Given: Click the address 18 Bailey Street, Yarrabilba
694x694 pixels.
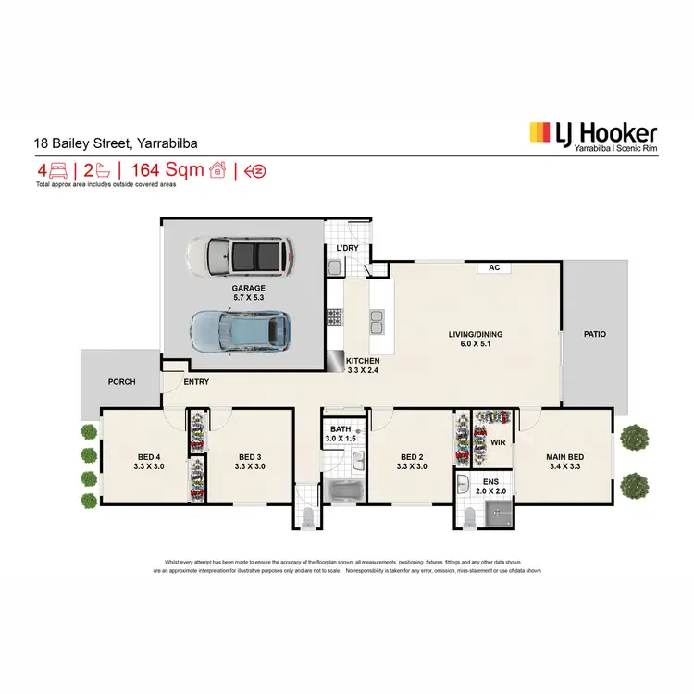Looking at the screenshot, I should coord(116,143).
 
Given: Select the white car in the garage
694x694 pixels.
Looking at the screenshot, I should coord(240,256).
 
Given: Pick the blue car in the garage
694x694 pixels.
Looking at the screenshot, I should coord(240,331).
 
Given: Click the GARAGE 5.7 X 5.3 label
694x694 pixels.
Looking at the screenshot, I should coord(248,293).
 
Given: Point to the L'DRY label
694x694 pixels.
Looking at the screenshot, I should coord(347,249).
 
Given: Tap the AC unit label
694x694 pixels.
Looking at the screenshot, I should coord(495,268).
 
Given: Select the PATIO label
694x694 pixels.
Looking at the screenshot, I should coord(595,334).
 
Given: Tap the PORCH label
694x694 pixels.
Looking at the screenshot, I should coord(121,381).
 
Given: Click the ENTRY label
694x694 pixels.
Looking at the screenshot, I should coord(196,381).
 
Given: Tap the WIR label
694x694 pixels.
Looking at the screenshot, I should coord(496,442).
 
